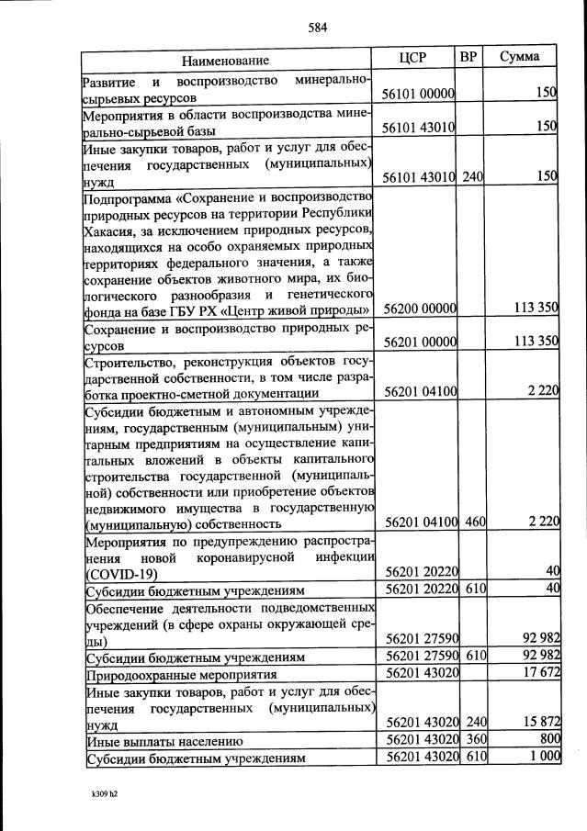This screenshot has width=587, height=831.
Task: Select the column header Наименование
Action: click(x=225, y=61)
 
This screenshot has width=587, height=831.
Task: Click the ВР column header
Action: click(x=468, y=57)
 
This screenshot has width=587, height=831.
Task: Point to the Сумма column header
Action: click(x=519, y=57)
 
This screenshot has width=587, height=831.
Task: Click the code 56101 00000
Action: click(x=420, y=95)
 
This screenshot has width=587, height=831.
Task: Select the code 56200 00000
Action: click(x=420, y=309)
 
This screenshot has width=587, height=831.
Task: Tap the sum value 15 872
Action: click(x=539, y=724)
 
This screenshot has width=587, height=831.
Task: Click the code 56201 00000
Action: click(x=420, y=342)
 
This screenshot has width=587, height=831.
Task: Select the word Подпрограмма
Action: click(x=129, y=197)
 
